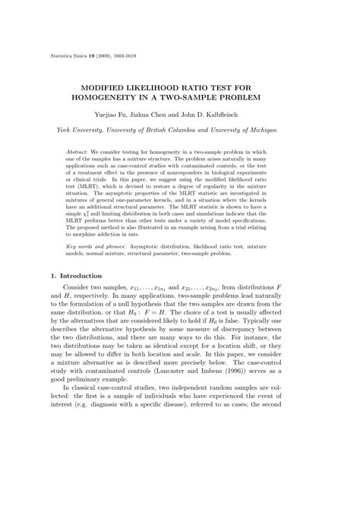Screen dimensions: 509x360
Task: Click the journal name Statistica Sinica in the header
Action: click(71, 55)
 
